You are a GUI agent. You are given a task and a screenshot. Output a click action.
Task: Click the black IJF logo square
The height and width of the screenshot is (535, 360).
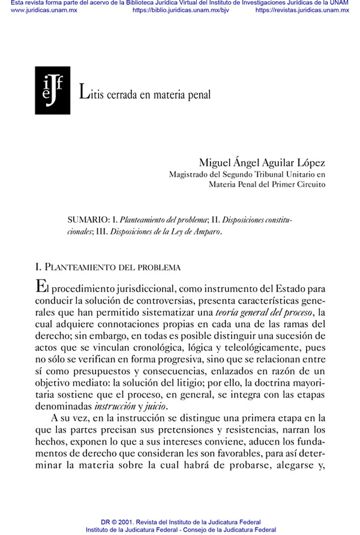click(53, 91)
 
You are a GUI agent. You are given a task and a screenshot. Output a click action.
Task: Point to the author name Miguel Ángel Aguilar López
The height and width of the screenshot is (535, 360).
click(262, 163)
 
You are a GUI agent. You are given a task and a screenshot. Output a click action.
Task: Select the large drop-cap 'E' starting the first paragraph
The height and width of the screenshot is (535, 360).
click(41, 288)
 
